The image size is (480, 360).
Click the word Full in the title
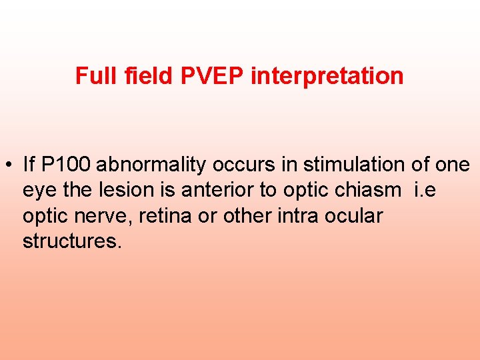(x=92, y=76)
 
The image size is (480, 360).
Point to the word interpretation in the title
(x=327, y=76)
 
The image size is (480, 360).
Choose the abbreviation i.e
(x=427, y=190)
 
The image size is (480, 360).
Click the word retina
(x=163, y=216)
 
